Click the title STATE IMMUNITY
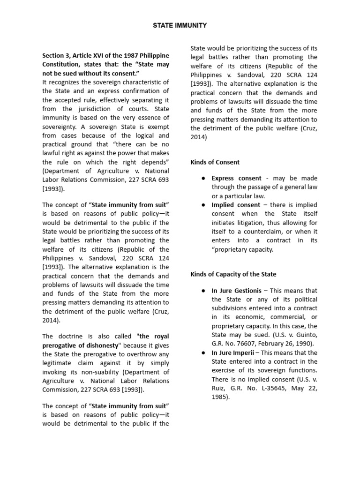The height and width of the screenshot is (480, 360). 180,25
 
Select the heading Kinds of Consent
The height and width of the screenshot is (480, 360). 215,162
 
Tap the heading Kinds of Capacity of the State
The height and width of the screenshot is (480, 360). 233,274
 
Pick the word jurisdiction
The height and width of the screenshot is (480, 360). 95,109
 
